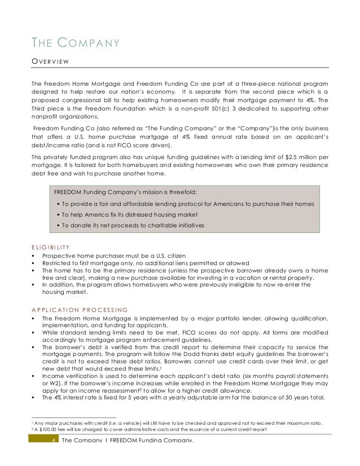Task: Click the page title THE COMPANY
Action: [x=75, y=42]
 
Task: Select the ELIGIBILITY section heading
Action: [x=51, y=247]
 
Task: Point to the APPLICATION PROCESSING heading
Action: [x=79, y=309]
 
